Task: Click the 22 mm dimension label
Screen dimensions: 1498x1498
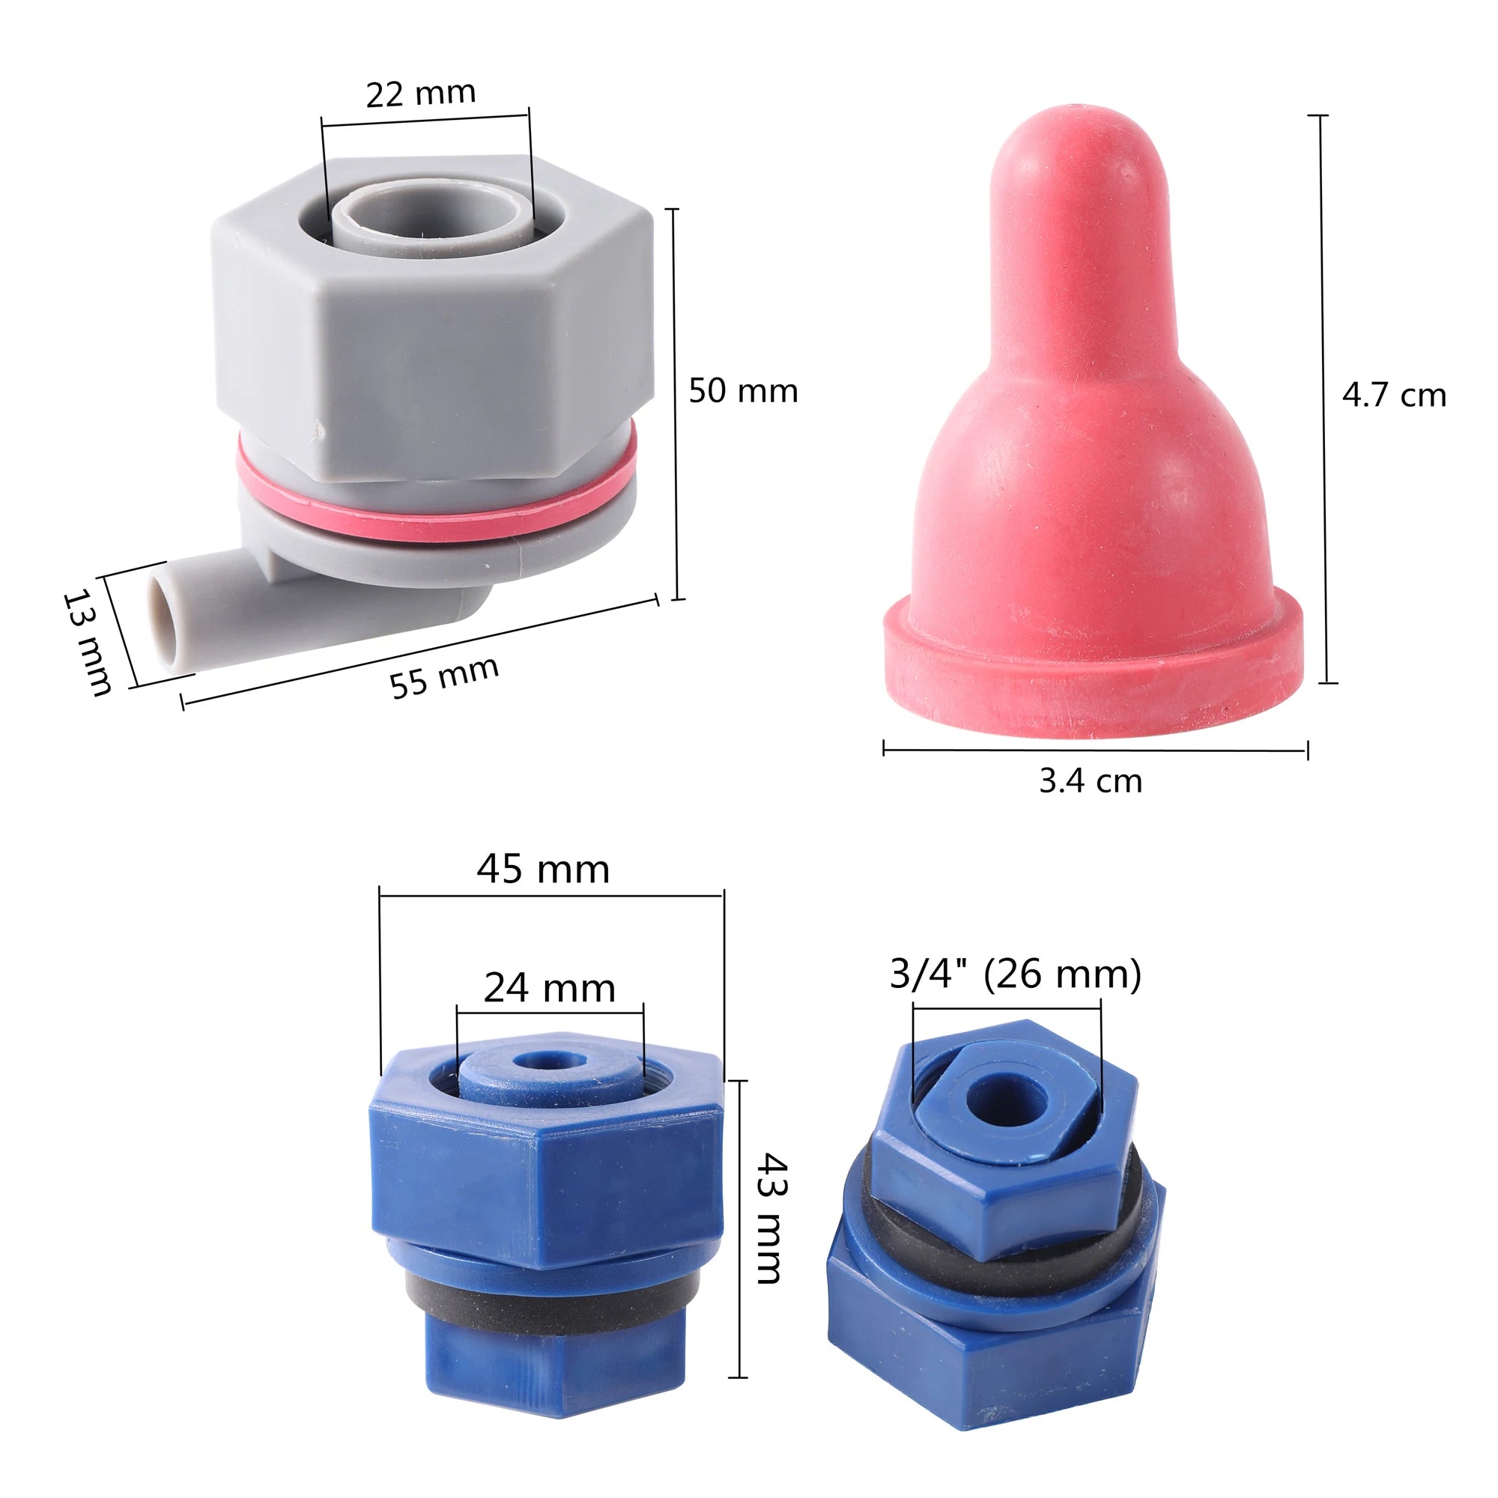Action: click(420, 94)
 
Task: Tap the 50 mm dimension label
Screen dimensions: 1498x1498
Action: click(743, 391)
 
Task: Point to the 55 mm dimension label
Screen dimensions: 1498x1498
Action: click(443, 677)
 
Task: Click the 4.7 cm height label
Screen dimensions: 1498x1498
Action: click(1393, 395)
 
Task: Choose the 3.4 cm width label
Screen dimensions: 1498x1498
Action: click(1090, 780)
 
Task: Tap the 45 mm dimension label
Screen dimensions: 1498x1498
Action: click(543, 869)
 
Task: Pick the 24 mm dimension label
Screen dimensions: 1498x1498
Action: click(549, 989)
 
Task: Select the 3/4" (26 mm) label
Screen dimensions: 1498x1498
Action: click(1015, 974)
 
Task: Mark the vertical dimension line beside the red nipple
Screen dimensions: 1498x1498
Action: click(1323, 399)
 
